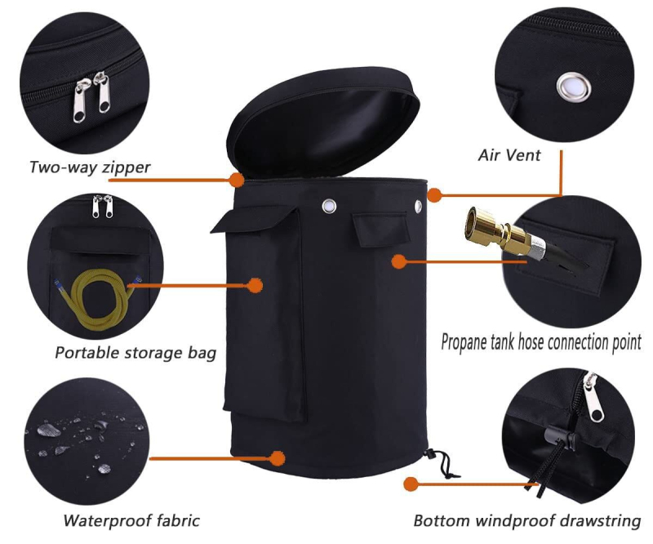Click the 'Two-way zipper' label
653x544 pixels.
click(90, 167)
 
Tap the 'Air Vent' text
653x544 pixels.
click(509, 155)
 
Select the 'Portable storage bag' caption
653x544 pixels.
click(135, 353)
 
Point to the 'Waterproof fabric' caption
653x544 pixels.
click(131, 520)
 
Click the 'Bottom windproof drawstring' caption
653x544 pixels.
click(526, 520)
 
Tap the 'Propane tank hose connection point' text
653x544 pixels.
click(541, 342)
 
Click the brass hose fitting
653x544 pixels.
click(498, 234)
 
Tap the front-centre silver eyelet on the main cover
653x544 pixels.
click(329, 206)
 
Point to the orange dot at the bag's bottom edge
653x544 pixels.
click(277, 458)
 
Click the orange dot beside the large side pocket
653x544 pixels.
click(255, 285)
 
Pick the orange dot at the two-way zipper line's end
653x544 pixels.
click(237, 180)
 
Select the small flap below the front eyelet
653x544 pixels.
click(379, 230)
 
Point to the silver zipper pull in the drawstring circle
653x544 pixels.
click(593, 398)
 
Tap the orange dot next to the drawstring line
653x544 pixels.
click(411, 484)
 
